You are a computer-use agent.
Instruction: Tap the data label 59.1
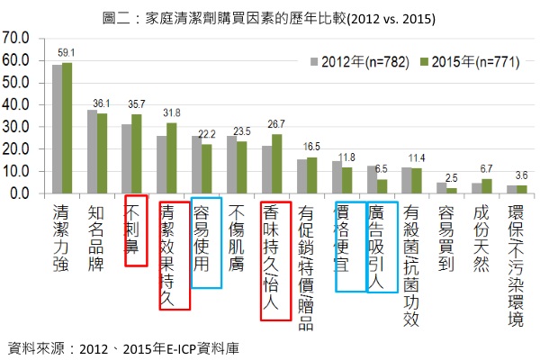click(67, 52)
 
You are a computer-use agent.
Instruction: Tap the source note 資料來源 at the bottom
click(125, 346)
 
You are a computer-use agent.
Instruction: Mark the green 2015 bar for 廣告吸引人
click(382, 186)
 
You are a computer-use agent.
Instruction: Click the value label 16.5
click(310, 146)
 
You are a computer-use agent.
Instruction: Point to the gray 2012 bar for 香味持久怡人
click(266, 169)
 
